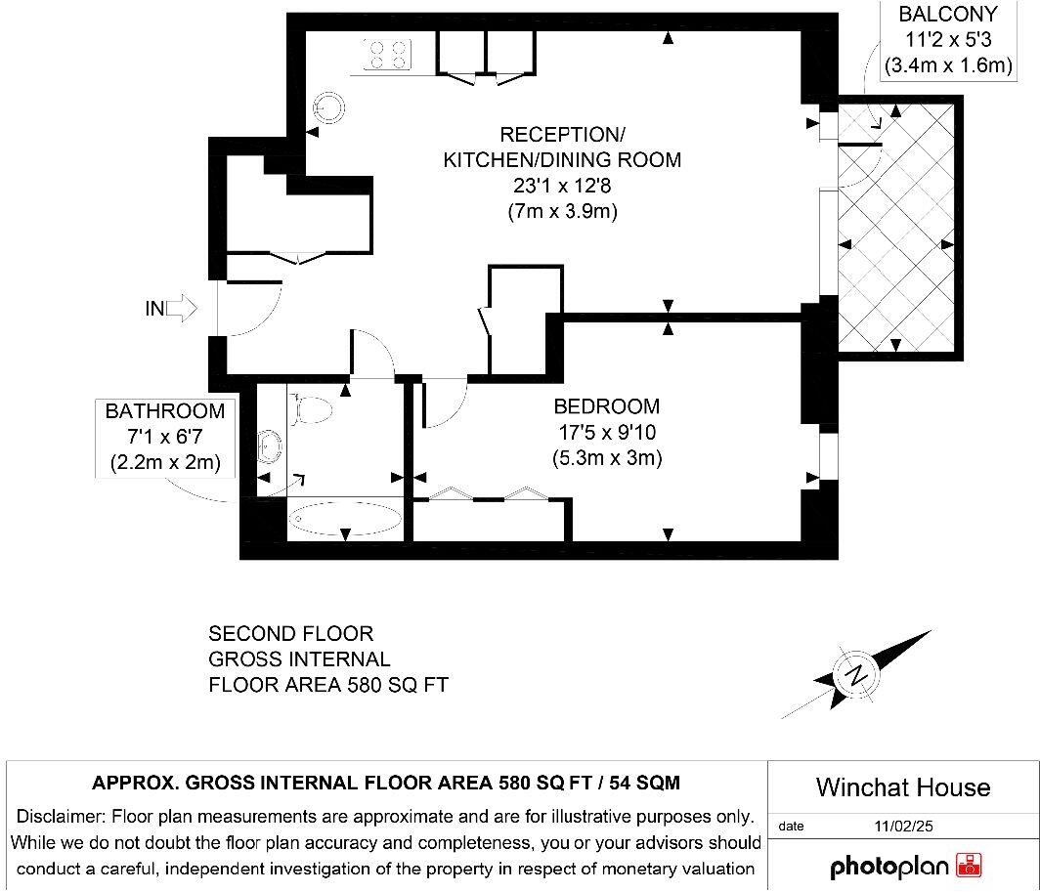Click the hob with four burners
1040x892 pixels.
coord(387,55)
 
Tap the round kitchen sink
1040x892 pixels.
coord(329,106)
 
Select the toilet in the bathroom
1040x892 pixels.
coord(311,407)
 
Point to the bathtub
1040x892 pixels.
coord(345,519)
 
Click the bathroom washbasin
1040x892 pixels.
coord(270,446)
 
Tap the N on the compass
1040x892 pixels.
coord(856,675)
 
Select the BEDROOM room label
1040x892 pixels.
coord(606,405)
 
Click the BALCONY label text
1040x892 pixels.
coord(948,14)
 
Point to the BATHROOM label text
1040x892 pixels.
coord(165,411)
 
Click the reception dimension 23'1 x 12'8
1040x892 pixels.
coord(562,186)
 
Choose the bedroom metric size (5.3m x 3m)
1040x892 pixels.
coord(607,457)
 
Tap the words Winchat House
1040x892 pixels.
coord(903,787)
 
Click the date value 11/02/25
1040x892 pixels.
coord(903,826)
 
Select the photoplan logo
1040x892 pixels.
coord(905,866)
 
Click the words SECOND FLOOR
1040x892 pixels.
coord(291,633)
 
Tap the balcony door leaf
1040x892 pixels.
coord(860,144)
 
